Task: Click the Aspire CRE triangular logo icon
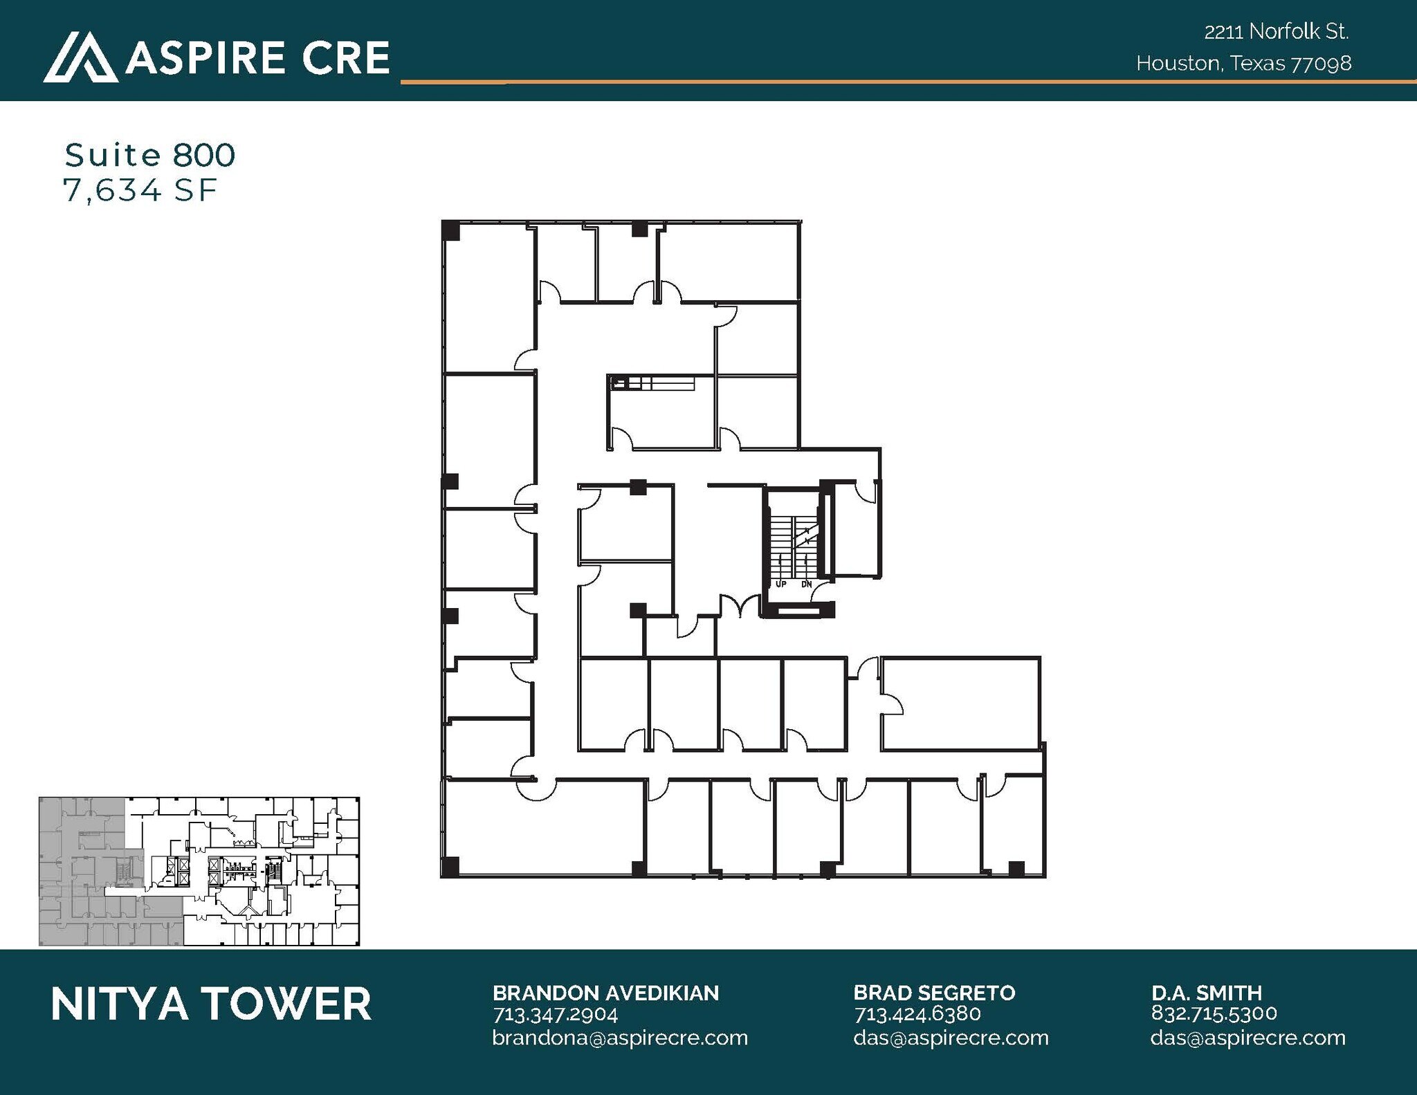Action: point(80,59)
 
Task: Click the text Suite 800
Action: point(150,155)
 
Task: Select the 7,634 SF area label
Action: point(140,191)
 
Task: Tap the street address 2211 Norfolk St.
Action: point(1277,32)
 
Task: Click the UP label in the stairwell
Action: point(781,585)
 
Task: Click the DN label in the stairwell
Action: point(806,585)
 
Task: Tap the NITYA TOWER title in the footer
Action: point(211,1004)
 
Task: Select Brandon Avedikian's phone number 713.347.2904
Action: point(555,1015)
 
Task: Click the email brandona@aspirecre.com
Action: point(620,1038)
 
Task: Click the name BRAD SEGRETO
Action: point(934,993)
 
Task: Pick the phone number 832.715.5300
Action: point(1214,1013)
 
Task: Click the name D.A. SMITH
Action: point(1207,993)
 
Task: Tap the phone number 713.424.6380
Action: point(917,1015)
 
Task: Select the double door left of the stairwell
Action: point(741,607)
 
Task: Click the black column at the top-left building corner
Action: point(450,230)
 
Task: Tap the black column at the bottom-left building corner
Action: point(450,867)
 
